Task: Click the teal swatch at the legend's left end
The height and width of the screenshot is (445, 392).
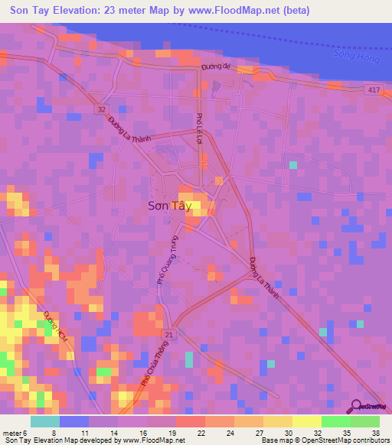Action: pyautogui.click(x=44, y=421)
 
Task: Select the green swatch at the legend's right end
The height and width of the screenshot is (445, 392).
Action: pyautogui.click(x=364, y=421)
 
